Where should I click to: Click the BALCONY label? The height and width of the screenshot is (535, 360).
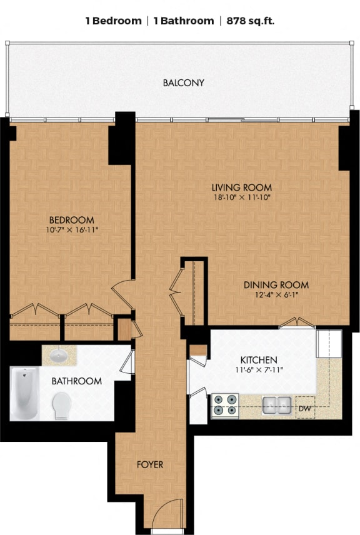(183, 82)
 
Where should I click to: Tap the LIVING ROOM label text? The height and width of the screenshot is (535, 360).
(241, 187)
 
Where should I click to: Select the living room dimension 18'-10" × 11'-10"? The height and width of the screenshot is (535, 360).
(241, 197)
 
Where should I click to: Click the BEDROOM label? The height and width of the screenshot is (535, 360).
(72, 220)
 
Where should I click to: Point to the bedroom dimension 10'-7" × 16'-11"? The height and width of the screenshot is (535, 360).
(72, 230)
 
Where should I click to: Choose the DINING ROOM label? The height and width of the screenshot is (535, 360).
(276, 285)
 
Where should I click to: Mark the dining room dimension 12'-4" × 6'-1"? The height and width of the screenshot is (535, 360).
(276, 295)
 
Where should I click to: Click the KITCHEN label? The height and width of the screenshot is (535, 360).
(259, 360)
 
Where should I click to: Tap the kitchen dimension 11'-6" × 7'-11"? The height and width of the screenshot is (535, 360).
(259, 370)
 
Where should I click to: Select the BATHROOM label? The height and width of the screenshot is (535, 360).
(76, 381)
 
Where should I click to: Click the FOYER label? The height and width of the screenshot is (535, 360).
(150, 464)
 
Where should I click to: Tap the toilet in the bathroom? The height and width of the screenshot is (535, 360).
(62, 406)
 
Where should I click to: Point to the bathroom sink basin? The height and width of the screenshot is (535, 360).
(59, 356)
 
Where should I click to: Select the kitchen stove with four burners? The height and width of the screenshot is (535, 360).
(225, 404)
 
